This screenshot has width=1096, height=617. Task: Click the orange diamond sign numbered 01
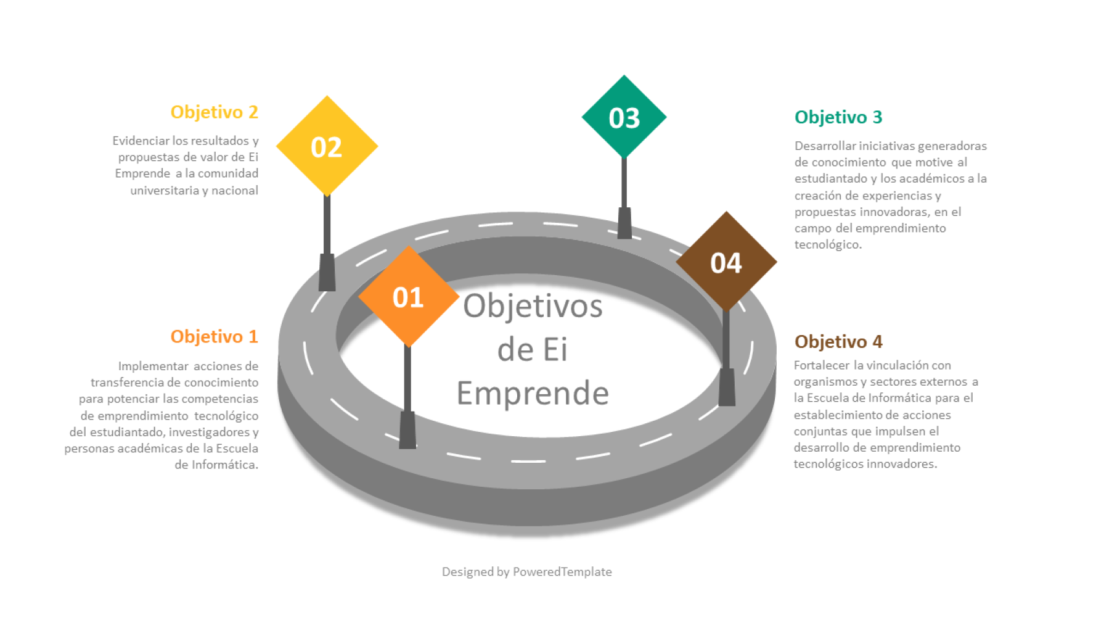[408, 297]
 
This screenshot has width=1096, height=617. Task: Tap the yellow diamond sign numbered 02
[327, 146]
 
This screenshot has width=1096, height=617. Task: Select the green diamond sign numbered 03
[624, 117]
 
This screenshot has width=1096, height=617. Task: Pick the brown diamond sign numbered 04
[726, 262]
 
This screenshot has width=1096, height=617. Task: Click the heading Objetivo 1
[214, 336]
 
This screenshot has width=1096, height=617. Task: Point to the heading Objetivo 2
[214, 112]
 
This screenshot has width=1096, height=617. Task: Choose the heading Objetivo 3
[838, 117]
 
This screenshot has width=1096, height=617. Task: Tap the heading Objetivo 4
[838, 341]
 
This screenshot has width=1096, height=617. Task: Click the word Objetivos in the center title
[533, 306]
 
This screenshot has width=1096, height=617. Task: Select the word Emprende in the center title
[533, 394]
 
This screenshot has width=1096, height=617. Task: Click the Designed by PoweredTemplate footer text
[526, 572]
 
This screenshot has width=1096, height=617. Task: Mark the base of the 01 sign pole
[407, 431]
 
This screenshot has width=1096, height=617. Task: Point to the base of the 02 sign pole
[327, 273]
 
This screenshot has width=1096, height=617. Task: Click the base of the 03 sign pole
[624, 223]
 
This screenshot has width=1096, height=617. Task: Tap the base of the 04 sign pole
[727, 387]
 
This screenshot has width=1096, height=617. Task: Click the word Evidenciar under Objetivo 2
[141, 141]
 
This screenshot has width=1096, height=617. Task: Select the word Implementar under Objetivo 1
[153, 366]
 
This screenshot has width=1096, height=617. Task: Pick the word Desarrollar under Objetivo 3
[824, 146]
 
